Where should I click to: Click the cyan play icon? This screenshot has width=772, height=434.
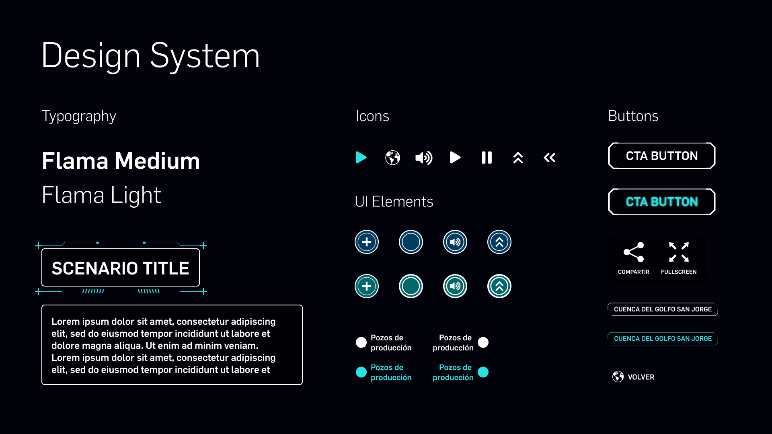(x=361, y=158)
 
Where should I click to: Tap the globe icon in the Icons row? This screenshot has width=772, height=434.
(x=392, y=158)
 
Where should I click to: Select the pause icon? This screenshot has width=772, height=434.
(x=487, y=158)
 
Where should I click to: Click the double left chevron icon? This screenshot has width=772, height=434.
(x=549, y=158)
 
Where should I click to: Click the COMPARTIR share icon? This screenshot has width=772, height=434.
(x=634, y=252)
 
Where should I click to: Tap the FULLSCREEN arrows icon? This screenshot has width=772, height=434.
(x=679, y=252)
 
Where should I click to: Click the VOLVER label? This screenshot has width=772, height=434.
(x=641, y=377)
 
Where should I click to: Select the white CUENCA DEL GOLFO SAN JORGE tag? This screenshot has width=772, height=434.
(x=663, y=309)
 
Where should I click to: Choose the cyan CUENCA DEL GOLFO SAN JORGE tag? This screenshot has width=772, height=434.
(x=663, y=338)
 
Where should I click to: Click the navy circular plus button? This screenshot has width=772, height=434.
(x=367, y=242)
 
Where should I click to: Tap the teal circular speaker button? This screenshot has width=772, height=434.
(x=455, y=286)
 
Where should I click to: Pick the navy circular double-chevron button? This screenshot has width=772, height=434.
(x=499, y=242)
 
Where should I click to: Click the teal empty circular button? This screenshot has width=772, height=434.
(x=411, y=286)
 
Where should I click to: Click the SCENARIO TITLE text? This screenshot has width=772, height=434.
(x=121, y=268)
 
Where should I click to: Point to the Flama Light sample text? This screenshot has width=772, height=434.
(x=101, y=195)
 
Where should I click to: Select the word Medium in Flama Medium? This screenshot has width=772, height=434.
(x=157, y=161)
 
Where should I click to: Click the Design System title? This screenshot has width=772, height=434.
(x=151, y=56)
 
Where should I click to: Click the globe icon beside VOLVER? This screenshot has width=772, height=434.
(x=618, y=377)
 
